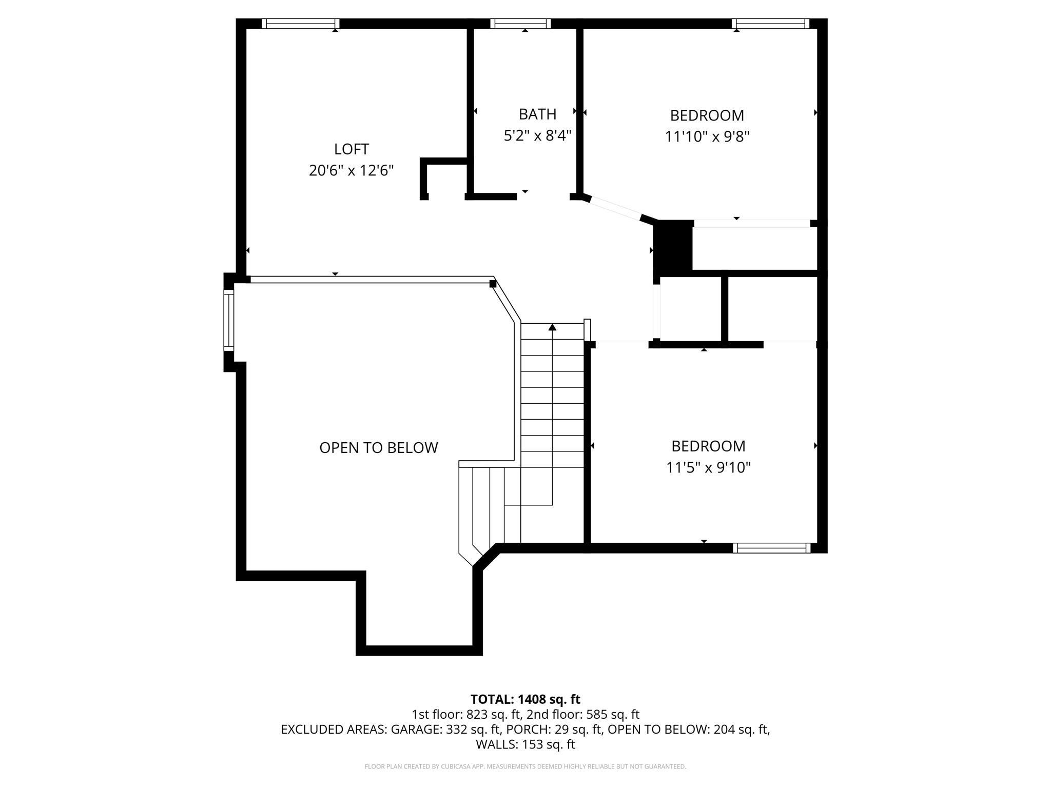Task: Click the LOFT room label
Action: tap(352, 149)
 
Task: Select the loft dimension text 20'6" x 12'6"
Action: tap(352, 170)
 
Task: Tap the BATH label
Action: tap(537, 114)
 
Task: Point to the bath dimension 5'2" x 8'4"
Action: tap(537, 136)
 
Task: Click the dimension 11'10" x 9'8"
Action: tap(707, 137)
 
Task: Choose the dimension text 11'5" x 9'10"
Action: tap(708, 468)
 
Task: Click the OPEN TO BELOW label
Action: tap(379, 448)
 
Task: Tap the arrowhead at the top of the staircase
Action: tap(552, 327)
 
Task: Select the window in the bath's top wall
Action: tap(520, 24)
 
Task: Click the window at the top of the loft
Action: tap(301, 24)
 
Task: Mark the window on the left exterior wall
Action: tap(229, 320)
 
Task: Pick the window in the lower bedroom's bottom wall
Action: tap(771, 548)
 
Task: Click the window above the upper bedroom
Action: tap(770, 24)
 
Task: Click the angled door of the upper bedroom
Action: tap(613, 209)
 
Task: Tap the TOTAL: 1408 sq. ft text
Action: tap(525, 699)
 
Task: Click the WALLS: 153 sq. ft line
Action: tap(525, 744)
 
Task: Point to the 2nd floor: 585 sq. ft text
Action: tap(583, 714)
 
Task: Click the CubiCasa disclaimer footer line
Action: tap(525, 766)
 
